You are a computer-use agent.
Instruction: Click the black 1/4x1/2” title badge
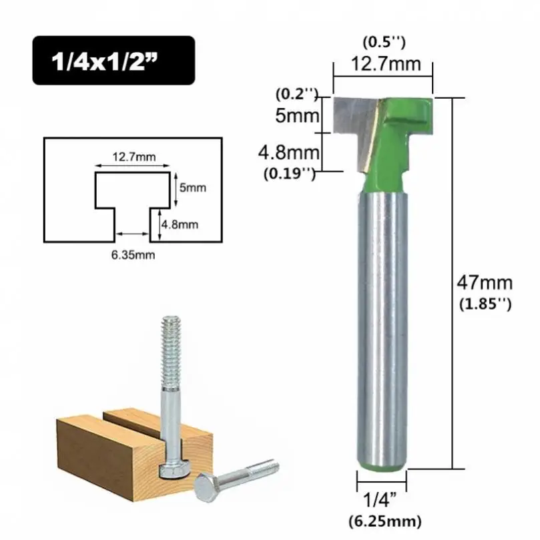[113, 59]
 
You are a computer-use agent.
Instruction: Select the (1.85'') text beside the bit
[485, 304]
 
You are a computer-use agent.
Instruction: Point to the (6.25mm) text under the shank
[383, 520]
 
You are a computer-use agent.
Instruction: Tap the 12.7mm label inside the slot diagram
[133, 158]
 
